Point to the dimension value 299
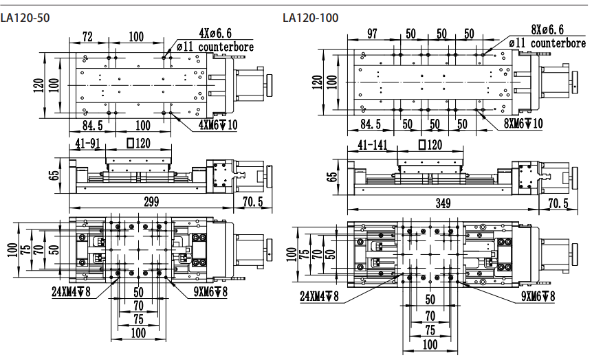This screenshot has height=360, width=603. [151, 201]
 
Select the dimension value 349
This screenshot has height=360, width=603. [445, 203]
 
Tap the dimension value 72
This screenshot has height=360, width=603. [87, 36]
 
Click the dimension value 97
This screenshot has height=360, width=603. [372, 34]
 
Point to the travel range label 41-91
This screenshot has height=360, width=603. [89, 144]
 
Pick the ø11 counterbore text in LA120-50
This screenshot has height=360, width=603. [215, 47]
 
